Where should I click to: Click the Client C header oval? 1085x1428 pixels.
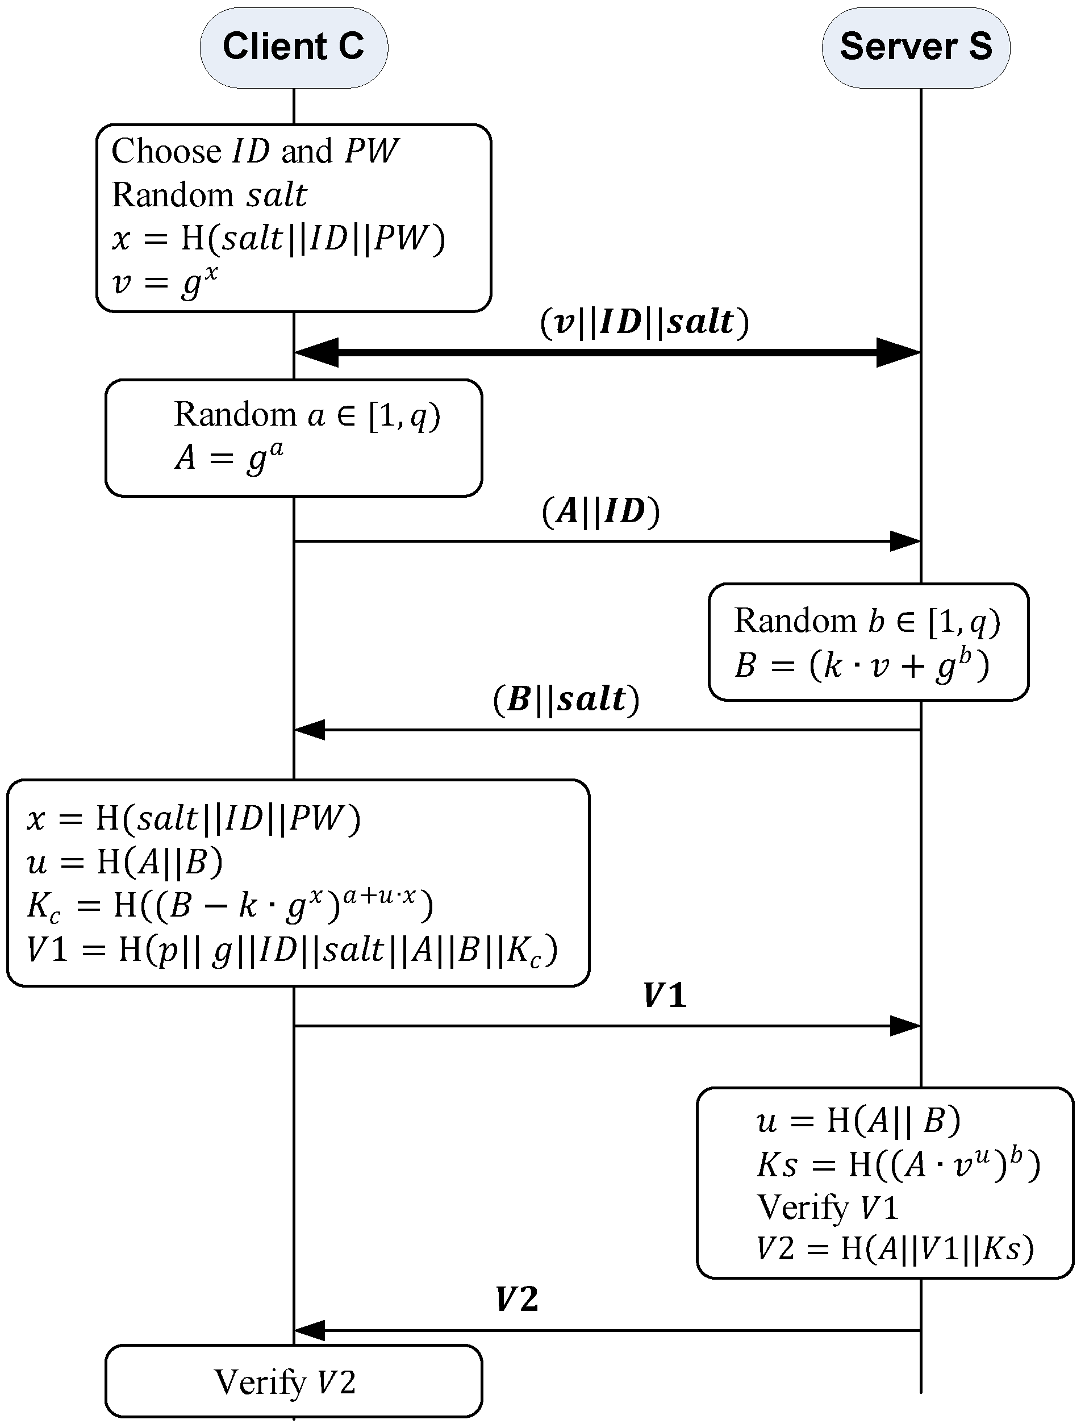(x=294, y=47)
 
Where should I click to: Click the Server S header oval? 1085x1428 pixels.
(x=915, y=47)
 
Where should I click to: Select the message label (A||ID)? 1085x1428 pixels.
(x=600, y=511)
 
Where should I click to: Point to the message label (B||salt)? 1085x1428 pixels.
(x=566, y=700)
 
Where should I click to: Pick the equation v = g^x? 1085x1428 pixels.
(x=165, y=283)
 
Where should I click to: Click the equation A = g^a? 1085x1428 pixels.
(x=229, y=457)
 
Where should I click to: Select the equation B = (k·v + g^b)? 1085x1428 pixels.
(x=862, y=665)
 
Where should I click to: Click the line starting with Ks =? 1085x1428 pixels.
(x=898, y=1164)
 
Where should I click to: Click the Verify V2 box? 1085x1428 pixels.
(x=294, y=1381)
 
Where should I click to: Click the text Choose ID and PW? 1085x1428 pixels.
(x=254, y=152)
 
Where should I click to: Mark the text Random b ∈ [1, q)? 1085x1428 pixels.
(x=867, y=621)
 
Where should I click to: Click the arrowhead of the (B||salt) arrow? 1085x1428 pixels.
(x=310, y=730)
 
